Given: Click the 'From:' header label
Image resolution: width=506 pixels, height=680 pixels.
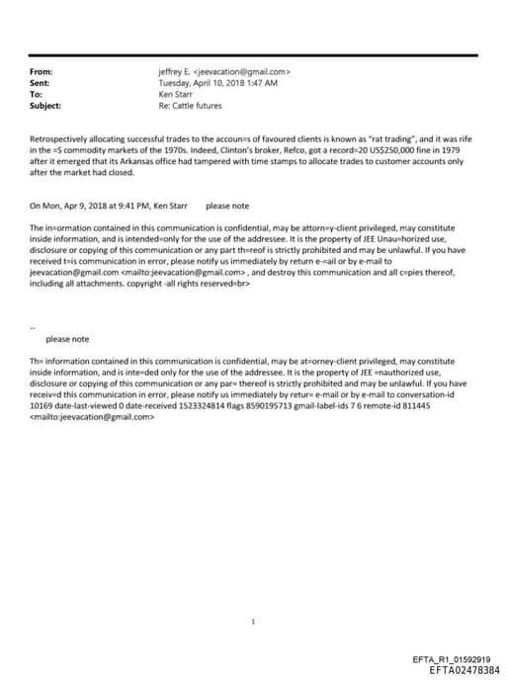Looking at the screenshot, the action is coord(42,72).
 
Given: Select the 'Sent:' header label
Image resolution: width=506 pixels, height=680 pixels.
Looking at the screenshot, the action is coord(42,83).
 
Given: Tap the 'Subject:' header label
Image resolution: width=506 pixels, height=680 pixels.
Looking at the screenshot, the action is coord(45,105).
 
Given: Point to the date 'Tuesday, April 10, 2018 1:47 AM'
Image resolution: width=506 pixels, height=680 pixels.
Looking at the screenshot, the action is coord(217,83).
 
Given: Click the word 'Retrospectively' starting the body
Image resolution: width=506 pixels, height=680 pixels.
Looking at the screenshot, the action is coord(59,141).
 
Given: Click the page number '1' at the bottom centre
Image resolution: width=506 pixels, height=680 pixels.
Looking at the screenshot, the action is coord(253,595).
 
